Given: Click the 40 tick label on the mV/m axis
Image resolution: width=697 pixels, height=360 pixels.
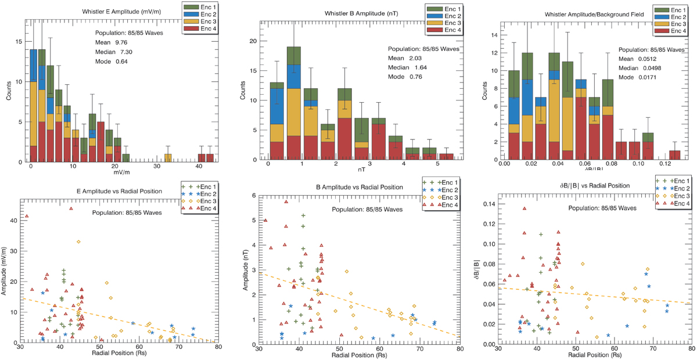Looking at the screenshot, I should [199, 167].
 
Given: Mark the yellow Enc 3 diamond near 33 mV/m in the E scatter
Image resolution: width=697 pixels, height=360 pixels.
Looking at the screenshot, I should [78, 242].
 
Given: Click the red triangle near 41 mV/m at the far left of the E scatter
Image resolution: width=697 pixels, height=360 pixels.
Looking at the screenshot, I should [27, 217].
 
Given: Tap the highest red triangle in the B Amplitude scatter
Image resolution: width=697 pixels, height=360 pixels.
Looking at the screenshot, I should [286, 201].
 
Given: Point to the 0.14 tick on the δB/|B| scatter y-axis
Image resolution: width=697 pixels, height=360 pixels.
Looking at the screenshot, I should [489, 204].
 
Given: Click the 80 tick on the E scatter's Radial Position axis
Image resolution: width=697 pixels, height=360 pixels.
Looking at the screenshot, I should [218, 347].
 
